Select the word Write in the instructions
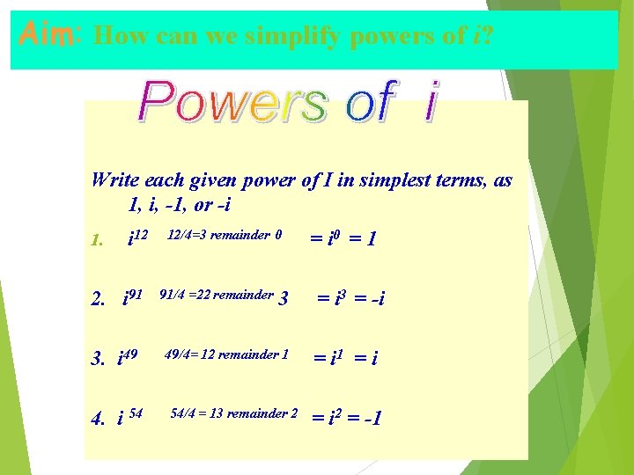pyautogui.click(x=114, y=180)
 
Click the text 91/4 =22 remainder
pyautogui.click(x=217, y=296)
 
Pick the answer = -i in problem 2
pyautogui.click(x=370, y=299)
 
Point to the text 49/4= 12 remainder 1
pyautogui.click(x=227, y=355)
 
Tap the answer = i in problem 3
pyautogui.click(x=363, y=358)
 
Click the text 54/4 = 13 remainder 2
pyautogui.click(x=233, y=413)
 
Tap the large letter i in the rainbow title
pyautogui.click(x=430, y=102)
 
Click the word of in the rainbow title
pyautogui.click(x=369, y=102)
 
